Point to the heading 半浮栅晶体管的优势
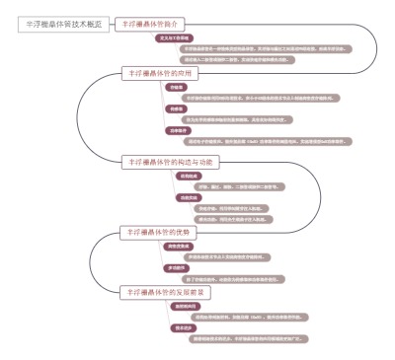tap(162, 232)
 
